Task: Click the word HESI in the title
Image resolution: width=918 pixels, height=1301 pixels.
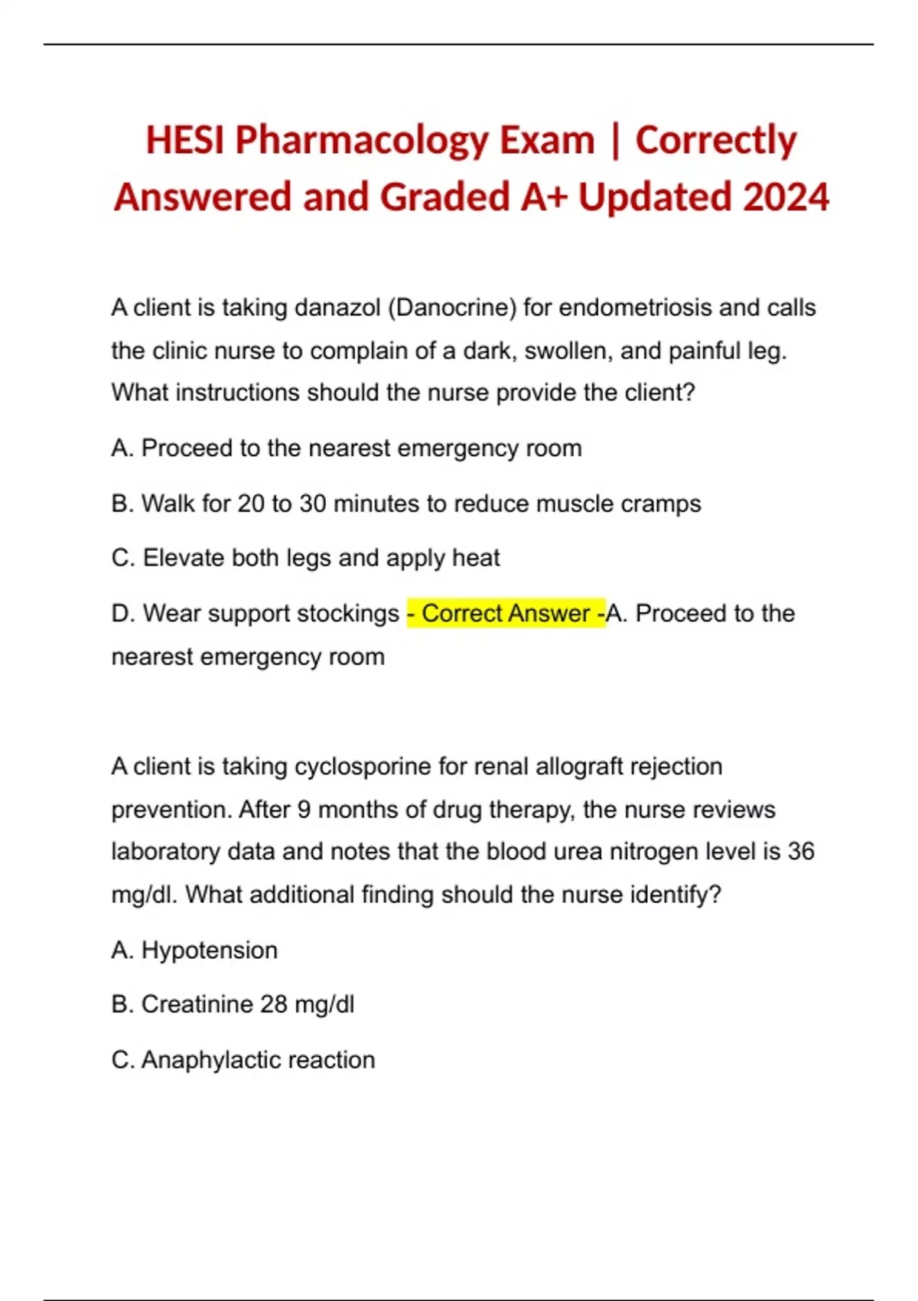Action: click(185, 141)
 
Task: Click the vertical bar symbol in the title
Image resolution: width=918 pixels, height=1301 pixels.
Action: click(615, 141)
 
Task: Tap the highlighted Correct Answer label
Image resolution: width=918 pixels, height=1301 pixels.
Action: click(506, 613)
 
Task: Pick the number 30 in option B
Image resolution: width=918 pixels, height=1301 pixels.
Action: click(312, 504)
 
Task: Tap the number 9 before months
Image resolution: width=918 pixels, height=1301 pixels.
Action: click(304, 810)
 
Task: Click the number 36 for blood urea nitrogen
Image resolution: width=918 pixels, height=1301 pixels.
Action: click(801, 851)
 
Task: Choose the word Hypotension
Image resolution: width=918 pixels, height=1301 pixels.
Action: click(210, 950)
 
